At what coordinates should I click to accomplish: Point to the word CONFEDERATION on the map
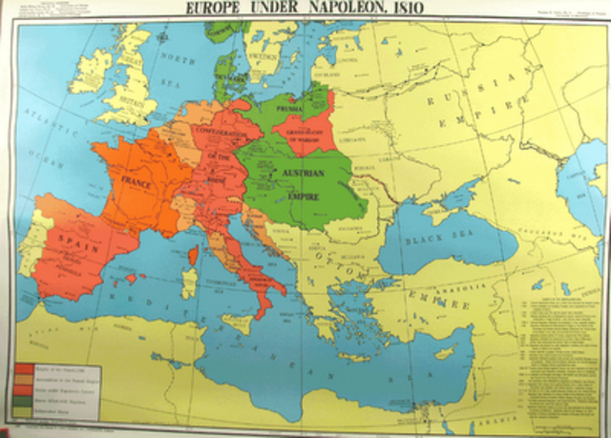[221, 133]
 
